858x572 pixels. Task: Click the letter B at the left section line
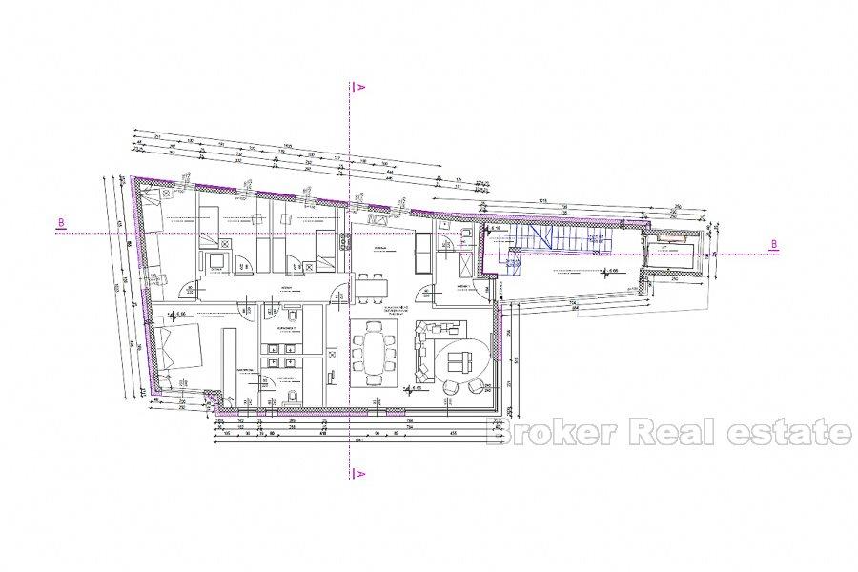click(61, 224)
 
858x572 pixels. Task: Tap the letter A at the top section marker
click(361, 86)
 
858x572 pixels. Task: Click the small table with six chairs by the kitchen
click(373, 283)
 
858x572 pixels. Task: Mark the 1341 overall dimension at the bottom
click(358, 440)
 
